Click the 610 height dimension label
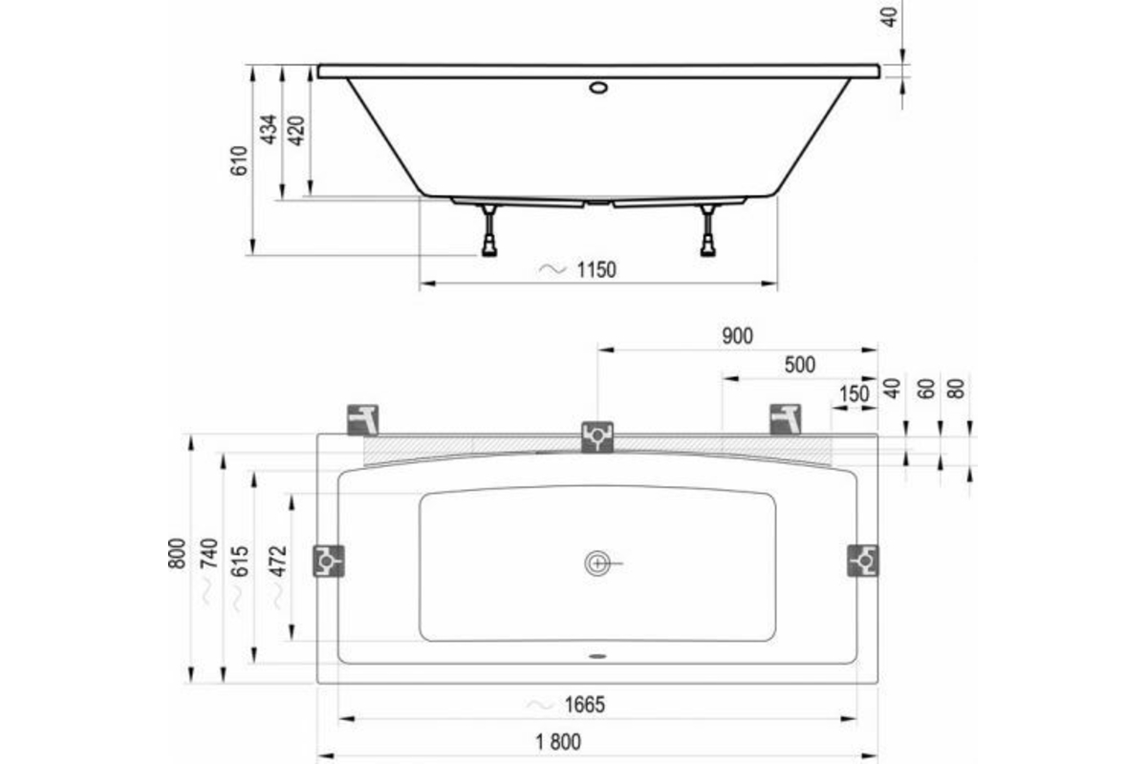click(x=239, y=161)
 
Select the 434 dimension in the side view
click(x=268, y=130)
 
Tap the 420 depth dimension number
click(x=296, y=131)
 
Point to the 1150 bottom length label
click(x=596, y=269)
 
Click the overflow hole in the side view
click(x=598, y=88)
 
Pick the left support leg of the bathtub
click(x=489, y=230)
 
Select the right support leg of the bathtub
click(x=708, y=230)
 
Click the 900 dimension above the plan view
click(x=737, y=336)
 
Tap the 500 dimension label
click(x=800, y=365)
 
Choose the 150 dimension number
click(x=855, y=394)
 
